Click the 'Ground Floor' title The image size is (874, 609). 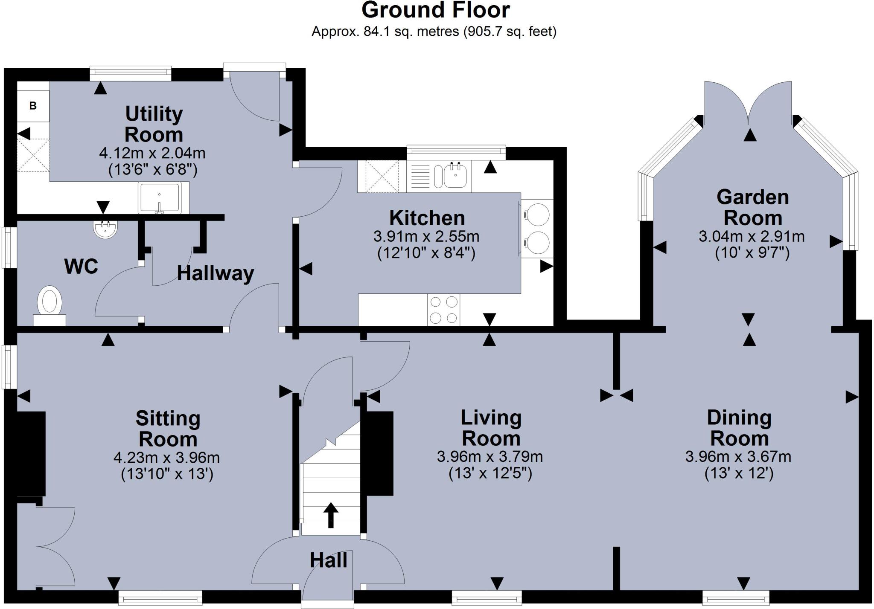pyautogui.click(x=435, y=10)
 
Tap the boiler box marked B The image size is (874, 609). pyautogui.click(x=33, y=106)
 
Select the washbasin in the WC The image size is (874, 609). pyautogui.click(x=105, y=229)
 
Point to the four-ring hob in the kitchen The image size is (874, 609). pyautogui.click(x=444, y=310)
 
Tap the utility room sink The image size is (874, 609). pyautogui.click(x=159, y=197)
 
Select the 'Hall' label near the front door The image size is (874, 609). pyautogui.click(x=328, y=560)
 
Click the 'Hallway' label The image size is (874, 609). pyautogui.click(x=216, y=273)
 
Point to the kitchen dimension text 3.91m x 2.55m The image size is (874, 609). pyautogui.click(x=426, y=236)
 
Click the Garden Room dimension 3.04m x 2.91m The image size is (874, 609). pyautogui.click(x=752, y=236)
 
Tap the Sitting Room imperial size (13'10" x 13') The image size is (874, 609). pyautogui.click(x=167, y=474)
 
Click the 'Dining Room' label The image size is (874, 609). pyautogui.click(x=739, y=428)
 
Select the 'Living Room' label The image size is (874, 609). pyautogui.click(x=491, y=428)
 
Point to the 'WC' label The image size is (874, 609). pyautogui.click(x=81, y=267)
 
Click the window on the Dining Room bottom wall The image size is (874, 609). pyautogui.click(x=736, y=597)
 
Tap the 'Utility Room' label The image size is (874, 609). pyautogui.click(x=154, y=124)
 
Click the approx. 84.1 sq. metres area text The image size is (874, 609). pyautogui.click(x=434, y=32)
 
